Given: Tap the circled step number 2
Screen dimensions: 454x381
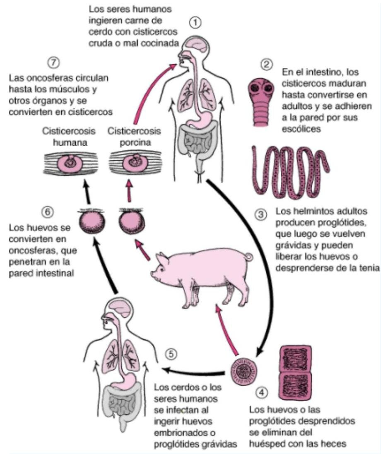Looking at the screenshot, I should click(x=266, y=65).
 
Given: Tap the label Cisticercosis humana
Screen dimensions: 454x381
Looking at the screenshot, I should click(x=69, y=137).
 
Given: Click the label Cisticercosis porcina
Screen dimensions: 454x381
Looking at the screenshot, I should click(x=129, y=137).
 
